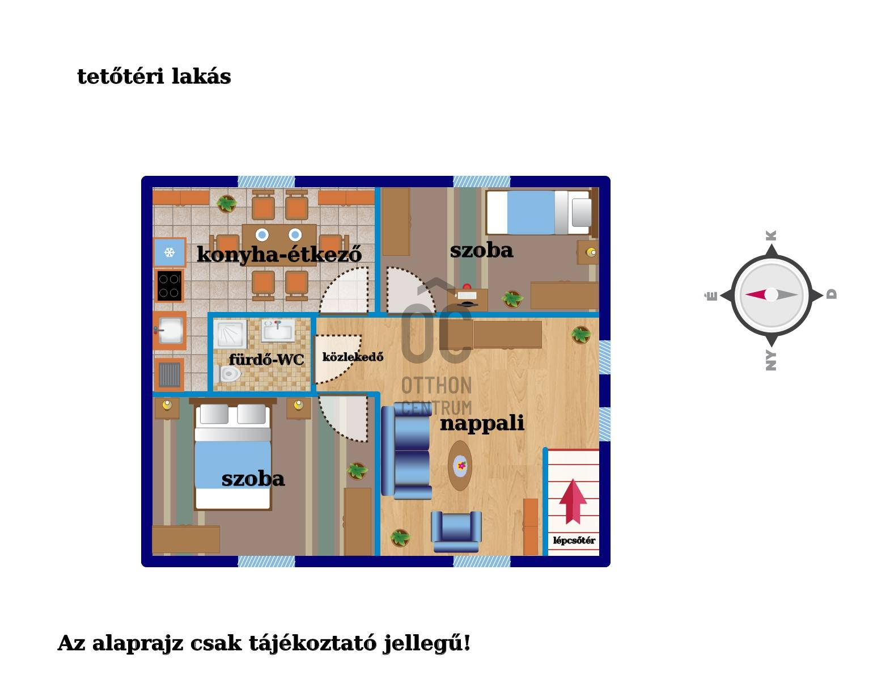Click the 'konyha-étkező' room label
click(279, 254)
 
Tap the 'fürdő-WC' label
click(266, 360)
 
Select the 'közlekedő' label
click(353, 357)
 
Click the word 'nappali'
click(482, 423)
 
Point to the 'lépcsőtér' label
click(574, 541)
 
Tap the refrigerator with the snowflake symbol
click(169, 252)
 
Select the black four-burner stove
click(169, 285)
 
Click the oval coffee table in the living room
click(461, 466)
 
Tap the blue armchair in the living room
click(456, 531)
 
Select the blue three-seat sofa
click(405, 451)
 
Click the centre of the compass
click(771, 294)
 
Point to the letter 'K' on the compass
click(771, 235)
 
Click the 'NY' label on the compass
click(771, 361)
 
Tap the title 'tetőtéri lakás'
click(154, 77)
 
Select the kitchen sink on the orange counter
click(170, 330)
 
